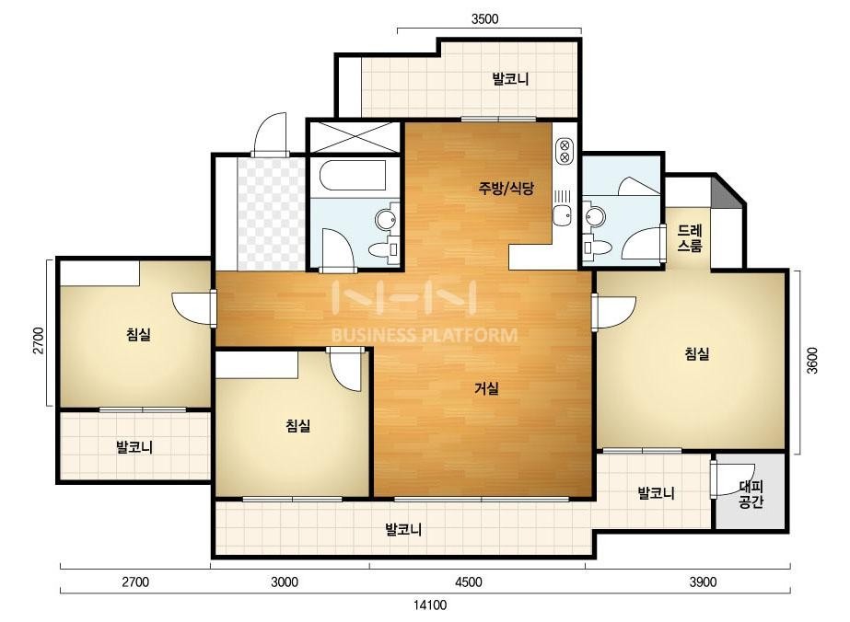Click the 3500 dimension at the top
484,19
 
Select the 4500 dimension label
469,582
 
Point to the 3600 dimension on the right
811,361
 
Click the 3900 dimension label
703,582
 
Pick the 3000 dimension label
285,582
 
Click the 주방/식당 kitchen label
506,188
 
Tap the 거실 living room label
486,388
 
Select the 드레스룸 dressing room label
690,238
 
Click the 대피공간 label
751,495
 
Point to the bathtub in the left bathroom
353,175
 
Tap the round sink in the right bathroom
595,217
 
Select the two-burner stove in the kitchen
565,151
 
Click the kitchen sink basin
562,214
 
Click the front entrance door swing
270,134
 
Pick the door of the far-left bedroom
193,308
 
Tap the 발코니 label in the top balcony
510,79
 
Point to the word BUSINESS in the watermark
374,335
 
